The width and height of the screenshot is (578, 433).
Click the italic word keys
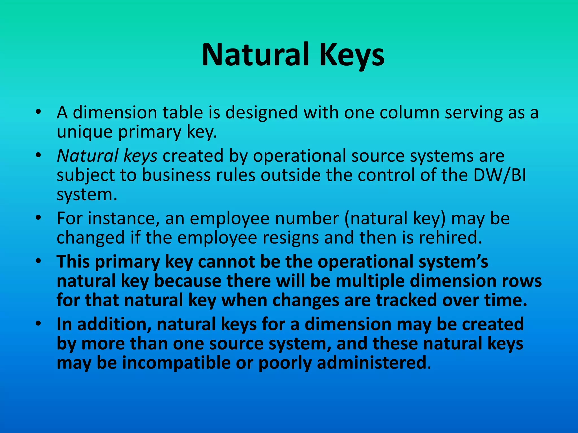pyautogui.click(x=140, y=156)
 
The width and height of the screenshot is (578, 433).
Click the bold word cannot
pyautogui.click(x=227, y=262)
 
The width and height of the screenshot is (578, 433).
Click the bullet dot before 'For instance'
pyautogui.click(x=39, y=218)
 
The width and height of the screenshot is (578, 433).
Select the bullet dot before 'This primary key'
pyautogui.click(x=39, y=261)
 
